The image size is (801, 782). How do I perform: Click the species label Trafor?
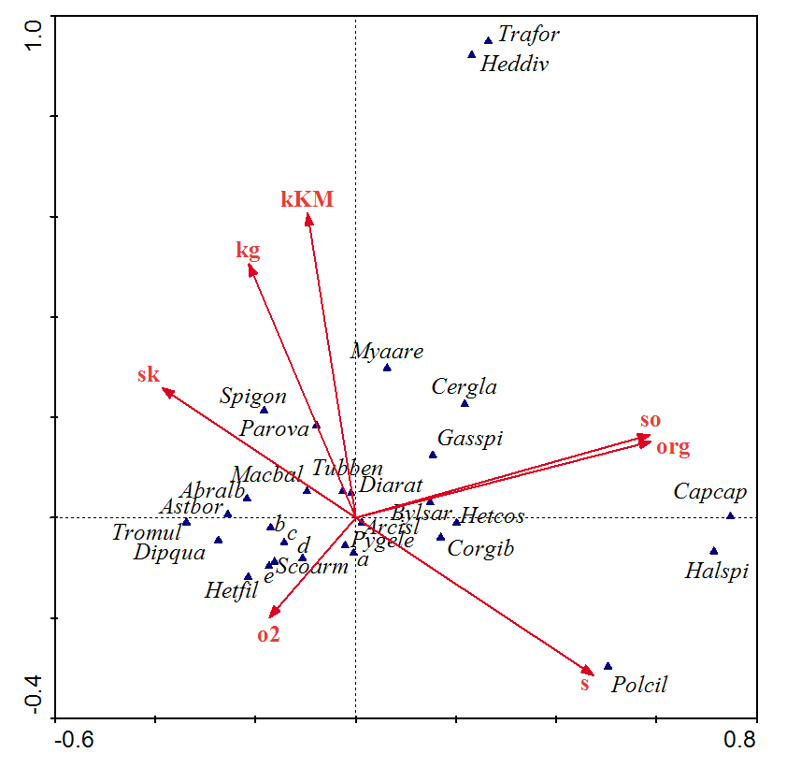tap(528, 36)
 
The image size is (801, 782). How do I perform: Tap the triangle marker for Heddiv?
tap(472, 54)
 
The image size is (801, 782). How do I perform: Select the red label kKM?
tap(308, 198)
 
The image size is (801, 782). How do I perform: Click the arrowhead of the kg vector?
tap(250, 268)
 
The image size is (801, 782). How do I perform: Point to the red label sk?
tap(149, 375)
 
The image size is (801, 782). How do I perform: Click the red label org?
tap(673, 447)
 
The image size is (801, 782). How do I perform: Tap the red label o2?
tap(268, 635)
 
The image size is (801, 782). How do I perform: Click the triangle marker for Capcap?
tap(730, 516)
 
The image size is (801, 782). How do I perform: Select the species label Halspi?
tap(717, 571)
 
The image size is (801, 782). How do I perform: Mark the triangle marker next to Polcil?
tap(608, 666)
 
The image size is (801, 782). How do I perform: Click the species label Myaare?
tap(387, 352)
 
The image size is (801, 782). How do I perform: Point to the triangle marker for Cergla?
tap(465, 403)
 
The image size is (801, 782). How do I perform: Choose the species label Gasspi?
tap(470, 438)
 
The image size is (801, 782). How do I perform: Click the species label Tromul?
tap(147, 533)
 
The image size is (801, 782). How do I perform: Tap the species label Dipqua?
tap(169, 553)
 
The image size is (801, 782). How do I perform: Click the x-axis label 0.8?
tap(738, 740)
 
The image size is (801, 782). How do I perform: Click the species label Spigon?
tap(253, 397)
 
